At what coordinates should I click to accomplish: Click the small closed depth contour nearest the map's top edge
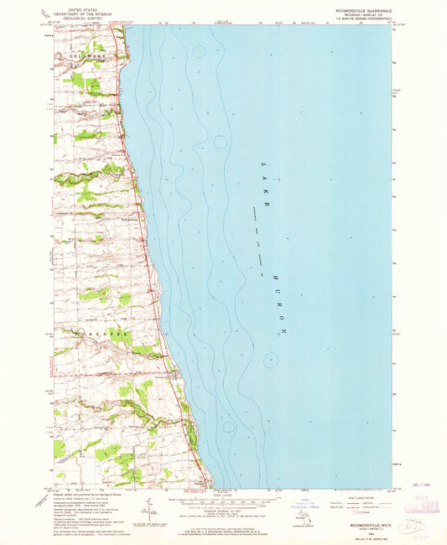coord(198,51)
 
